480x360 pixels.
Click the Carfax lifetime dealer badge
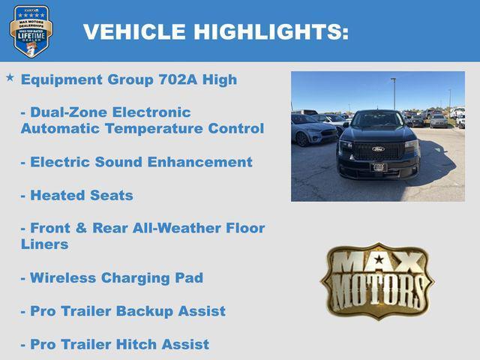[x=30, y=31]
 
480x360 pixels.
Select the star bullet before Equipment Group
[x=10, y=77]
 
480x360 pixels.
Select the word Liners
[x=44, y=244]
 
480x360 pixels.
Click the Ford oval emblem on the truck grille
[x=379, y=148]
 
